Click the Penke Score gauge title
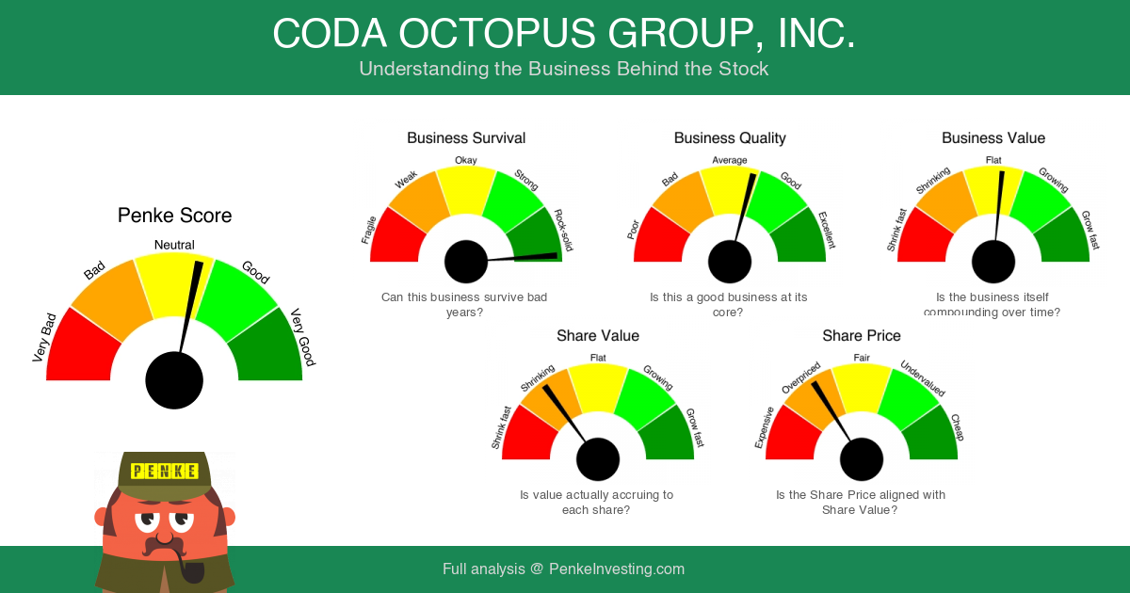tap(174, 216)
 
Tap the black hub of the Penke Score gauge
tap(174, 380)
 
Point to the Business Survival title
tap(466, 138)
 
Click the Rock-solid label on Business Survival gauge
tap(563, 230)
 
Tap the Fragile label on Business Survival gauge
tap(369, 228)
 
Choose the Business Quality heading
tap(730, 138)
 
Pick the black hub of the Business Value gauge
tap(993, 261)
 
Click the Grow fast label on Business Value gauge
tap(1090, 230)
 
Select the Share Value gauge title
tap(598, 336)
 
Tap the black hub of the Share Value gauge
tap(598, 459)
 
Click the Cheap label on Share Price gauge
tap(957, 427)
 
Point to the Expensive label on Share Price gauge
tap(765, 426)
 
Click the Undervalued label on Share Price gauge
tap(922, 378)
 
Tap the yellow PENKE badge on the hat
tap(165, 471)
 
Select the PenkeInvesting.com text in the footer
tap(617, 569)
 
